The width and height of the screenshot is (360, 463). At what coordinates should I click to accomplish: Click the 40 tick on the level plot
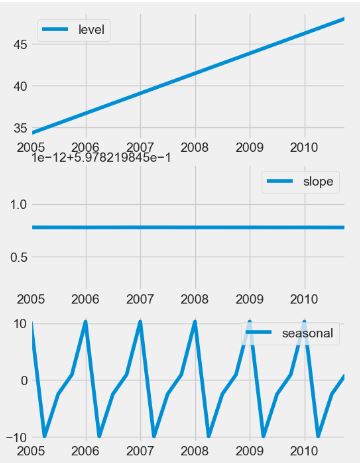tap(18, 86)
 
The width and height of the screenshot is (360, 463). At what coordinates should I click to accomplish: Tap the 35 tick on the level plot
tap(18, 128)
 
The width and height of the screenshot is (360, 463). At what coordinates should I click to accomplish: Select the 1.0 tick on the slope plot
tap(15, 205)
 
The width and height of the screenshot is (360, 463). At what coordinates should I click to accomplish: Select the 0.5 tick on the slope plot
tap(15, 257)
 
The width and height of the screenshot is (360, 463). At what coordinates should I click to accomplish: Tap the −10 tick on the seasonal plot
tap(14, 438)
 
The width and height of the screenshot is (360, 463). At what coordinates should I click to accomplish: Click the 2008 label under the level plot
tap(194, 147)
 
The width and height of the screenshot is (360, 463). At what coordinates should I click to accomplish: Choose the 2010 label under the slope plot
tap(303, 298)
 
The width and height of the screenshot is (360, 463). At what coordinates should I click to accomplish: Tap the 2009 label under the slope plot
tap(249, 298)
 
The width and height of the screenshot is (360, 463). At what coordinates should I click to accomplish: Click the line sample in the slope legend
tap(279, 182)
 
